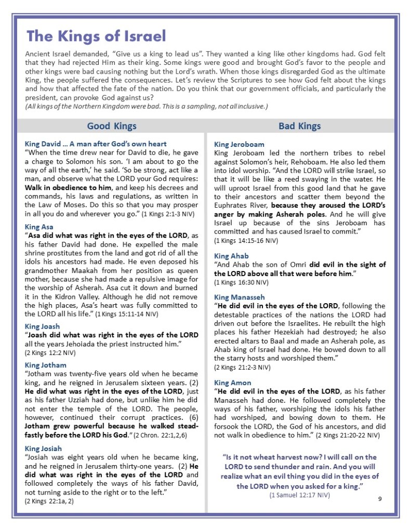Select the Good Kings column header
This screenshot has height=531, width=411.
tap(111, 126)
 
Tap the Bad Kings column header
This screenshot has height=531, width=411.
tap(299, 126)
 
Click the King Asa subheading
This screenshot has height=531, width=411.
tap(39, 227)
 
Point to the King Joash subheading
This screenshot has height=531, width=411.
tap(42, 326)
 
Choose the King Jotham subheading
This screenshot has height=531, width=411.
tap(45, 365)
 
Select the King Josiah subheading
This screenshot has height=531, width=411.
tap(43, 448)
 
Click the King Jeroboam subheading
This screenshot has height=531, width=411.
tap(239, 144)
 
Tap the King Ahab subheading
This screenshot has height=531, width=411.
tap(231, 256)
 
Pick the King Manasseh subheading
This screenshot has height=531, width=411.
tap(240, 297)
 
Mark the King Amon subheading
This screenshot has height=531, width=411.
tap(232, 383)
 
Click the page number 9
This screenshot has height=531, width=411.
tap(380, 499)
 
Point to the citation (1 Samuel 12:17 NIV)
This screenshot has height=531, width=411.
tap(299, 495)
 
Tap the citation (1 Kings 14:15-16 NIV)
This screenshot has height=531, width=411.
tap(246, 241)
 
